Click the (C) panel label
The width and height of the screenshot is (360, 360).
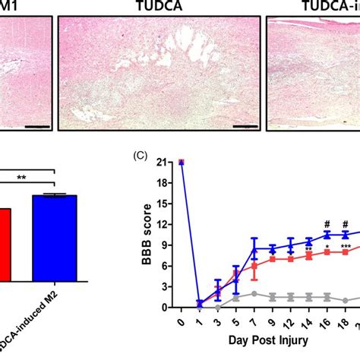coord(139,156)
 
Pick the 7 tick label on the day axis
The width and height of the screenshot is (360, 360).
coord(254,324)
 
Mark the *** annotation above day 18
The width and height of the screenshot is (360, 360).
coord(346,247)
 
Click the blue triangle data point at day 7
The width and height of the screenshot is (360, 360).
coord(254,248)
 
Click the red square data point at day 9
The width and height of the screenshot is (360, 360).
coord(273,259)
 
